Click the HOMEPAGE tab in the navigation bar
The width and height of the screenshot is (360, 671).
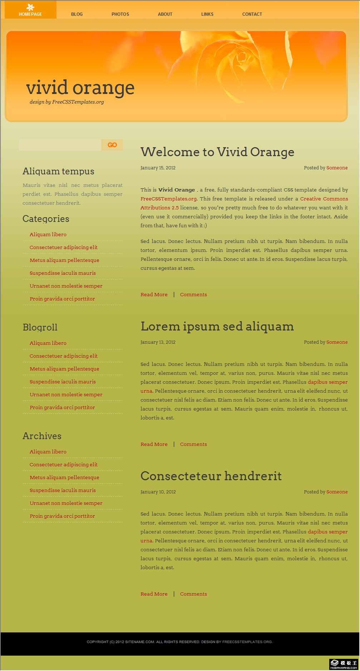pyautogui.click(x=30, y=14)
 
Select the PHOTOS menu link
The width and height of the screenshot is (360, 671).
pyautogui.click(x=120, y=14)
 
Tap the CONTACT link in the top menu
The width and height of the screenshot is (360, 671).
pyautogui.click(x=252, y=14)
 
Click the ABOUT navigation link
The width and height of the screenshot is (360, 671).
pyautogui.click(x=165, y=14)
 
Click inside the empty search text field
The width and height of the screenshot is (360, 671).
pyautogui.click(x=60, y=145)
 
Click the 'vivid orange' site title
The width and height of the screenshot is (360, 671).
pyautogui.click(x=80, y=88)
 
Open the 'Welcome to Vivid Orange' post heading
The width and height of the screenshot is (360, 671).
pyautogui.click(x=217, y=152)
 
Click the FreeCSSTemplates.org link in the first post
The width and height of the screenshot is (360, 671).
pyautogui.click(x=168, y=199)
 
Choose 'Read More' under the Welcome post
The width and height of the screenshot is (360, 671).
pyautogui.click(x=154, y=295)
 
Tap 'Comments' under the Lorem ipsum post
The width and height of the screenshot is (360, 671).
pyautogui.click(x=193, y=444)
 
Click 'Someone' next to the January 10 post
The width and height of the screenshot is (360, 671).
pyautogui.click(x=337, y=492)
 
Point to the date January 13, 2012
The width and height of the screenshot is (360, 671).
pyautogui.click(x=158, y=342)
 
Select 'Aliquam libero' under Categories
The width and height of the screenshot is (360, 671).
pyautogui.click(x=48, y=235)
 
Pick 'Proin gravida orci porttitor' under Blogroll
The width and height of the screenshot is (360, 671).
pyautogui.click(x=62, y=408)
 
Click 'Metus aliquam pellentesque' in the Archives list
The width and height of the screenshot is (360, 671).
pyautogui.click(x=64, y=478)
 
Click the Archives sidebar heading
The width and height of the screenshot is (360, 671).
pyautogui.click(x=42, y=436)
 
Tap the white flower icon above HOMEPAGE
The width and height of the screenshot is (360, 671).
pyautogui.click(x=31, y=7)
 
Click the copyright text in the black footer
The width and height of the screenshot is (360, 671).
pyautogui.click(x=179, y=642)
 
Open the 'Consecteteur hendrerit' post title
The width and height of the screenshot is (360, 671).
pyautogui.click(x=211, y=476)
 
